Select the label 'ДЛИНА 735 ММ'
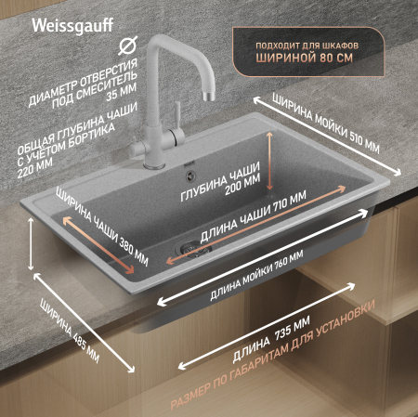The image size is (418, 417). [268, 345]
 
